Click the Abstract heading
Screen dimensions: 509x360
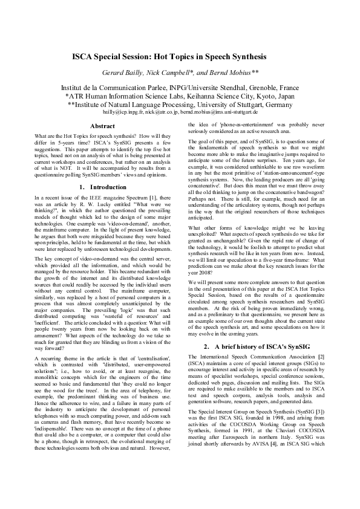pos(102,126)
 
